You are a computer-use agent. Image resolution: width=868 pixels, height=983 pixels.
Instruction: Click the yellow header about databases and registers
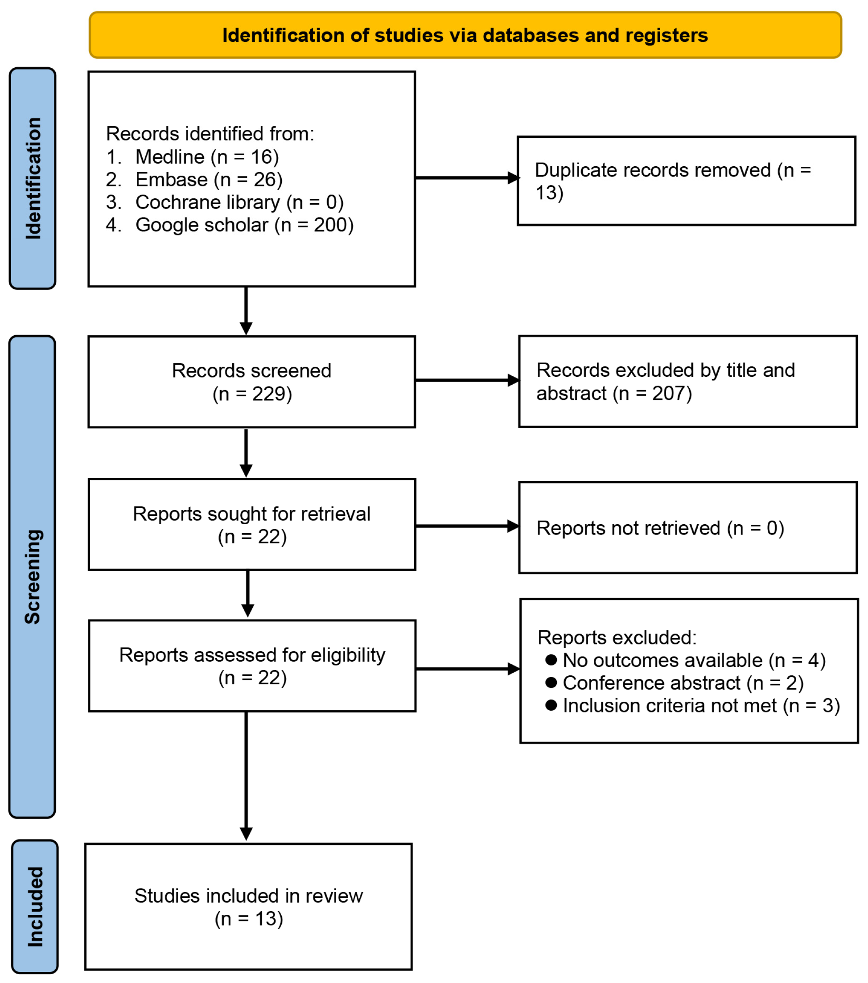tap(465, 36)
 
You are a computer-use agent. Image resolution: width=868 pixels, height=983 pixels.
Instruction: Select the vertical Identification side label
tap(33, 178)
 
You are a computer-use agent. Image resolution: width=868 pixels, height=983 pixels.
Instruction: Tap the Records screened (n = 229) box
tap(251, 382)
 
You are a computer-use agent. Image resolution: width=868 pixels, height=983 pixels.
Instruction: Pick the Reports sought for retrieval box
tap(251, 525)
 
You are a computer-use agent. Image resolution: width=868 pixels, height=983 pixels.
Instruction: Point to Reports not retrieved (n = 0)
tap(660, 527)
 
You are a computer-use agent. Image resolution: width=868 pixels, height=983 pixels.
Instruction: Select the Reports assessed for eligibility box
tap(252, 666)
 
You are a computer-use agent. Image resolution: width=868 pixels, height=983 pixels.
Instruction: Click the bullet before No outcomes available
tap(551, 659)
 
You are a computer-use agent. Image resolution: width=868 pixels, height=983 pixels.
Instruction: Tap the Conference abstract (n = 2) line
tap(683, 683)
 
